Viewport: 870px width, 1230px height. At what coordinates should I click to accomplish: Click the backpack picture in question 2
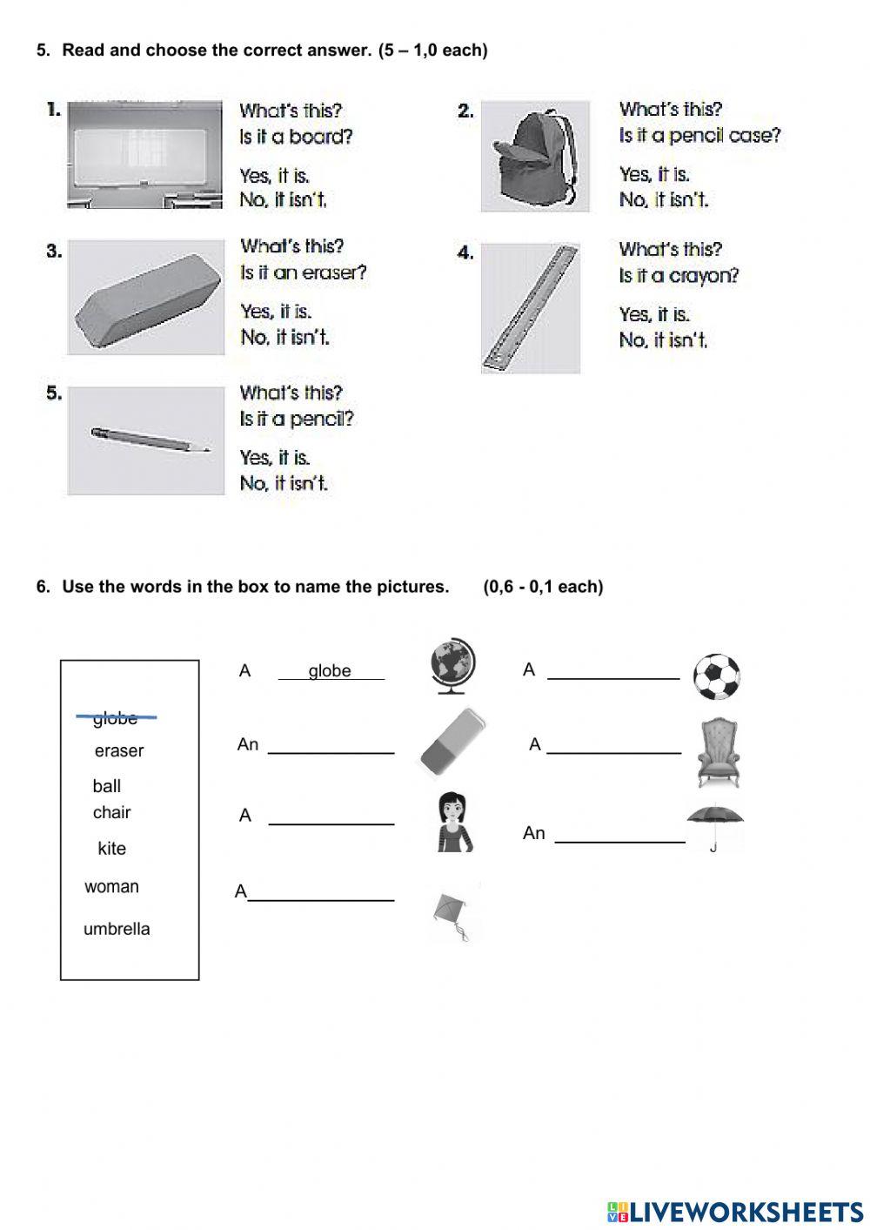(x=534, y=156)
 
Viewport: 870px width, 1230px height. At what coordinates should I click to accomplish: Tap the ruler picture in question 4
(x=531, y=307)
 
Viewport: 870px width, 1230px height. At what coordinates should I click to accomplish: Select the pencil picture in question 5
(x=146, y=440)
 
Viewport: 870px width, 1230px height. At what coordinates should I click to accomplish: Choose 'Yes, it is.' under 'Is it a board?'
(x=275, y=176)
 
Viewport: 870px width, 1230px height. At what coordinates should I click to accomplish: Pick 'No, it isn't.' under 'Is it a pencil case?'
(x=663, y=200)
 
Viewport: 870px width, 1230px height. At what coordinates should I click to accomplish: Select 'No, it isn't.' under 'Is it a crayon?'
(x=663, y=340)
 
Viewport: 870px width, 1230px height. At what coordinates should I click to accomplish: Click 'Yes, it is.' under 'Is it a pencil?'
(x=275, y=458)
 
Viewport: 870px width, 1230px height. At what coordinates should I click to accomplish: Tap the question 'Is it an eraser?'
(x=303, y=273)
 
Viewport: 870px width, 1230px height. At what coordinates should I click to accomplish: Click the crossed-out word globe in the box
(x=116, y=718)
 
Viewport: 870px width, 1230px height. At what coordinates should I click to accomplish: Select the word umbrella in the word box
(x=117, y=929)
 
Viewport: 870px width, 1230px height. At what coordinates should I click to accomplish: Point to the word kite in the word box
(x=111, y=848)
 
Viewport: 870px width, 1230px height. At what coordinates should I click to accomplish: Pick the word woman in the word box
(x=111, y=887)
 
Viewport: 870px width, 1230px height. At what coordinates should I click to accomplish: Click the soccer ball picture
(x=717, y=677)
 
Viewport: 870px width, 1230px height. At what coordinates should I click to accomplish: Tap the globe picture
(x=453, y=667)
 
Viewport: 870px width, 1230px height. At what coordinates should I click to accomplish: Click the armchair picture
(x=719, y=753)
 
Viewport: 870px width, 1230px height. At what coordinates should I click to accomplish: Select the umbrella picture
(x=715, y=823)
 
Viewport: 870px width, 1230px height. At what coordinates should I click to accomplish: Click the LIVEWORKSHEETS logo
(x=735, y=1211)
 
